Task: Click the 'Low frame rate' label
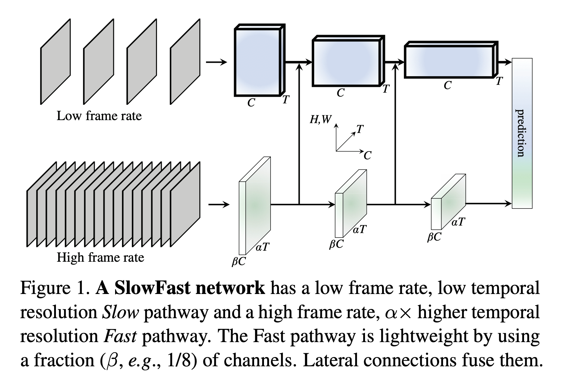pyautogui.click(x=99, y=116)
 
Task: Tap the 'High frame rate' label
pyautogui.click(x=100, y=258)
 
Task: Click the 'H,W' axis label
pyautogui.click(x=320, y=120)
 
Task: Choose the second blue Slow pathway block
pyautogui.click(x=346, y=63)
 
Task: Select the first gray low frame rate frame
pyautogui.click(x=55, y=62)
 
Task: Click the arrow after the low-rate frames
pyautogui.click(x=216, y=62)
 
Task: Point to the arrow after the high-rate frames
pyautogui.click(x=219, y=205)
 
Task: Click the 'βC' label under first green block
pyautogui.click(x=239, y=262)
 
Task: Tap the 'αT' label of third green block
pyautogui.click(x=458, y=222)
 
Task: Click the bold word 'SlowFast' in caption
pyautogui.click(x=153, y=288)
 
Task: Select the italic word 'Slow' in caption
pyautogui.click(x=120, y=313)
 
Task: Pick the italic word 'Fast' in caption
pyautogui.click(x=120, y=336)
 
